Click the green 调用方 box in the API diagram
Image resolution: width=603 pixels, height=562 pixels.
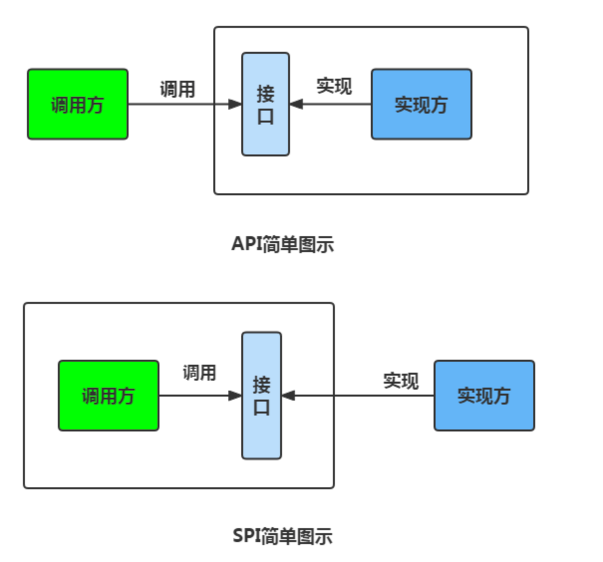click(x=78, y=104)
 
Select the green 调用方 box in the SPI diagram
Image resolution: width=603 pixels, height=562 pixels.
click(x=109, y=396)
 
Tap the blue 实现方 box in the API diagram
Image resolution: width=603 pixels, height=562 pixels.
click(x=421, y=104)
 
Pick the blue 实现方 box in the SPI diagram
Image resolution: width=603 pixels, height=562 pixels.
click(x=484, y=396)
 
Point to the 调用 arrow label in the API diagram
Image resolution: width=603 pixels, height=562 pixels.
click(x=177, y=89)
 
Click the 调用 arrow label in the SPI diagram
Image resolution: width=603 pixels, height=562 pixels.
click(x=199, y=372)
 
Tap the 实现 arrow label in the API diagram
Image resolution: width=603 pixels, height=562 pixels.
click(x=334, y=86)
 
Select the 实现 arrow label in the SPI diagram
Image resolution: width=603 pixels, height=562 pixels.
click(x=401, y=381)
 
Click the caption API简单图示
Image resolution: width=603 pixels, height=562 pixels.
click(x=283, y=244)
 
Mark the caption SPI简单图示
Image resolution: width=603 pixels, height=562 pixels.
click(x=283, y=536)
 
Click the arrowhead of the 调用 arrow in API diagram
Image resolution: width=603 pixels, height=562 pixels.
click(x=235, y=104)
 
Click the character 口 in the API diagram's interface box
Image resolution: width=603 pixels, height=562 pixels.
click(x=265, y=117)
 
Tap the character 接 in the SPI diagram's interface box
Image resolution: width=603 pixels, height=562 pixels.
click(x=261, y=385)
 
